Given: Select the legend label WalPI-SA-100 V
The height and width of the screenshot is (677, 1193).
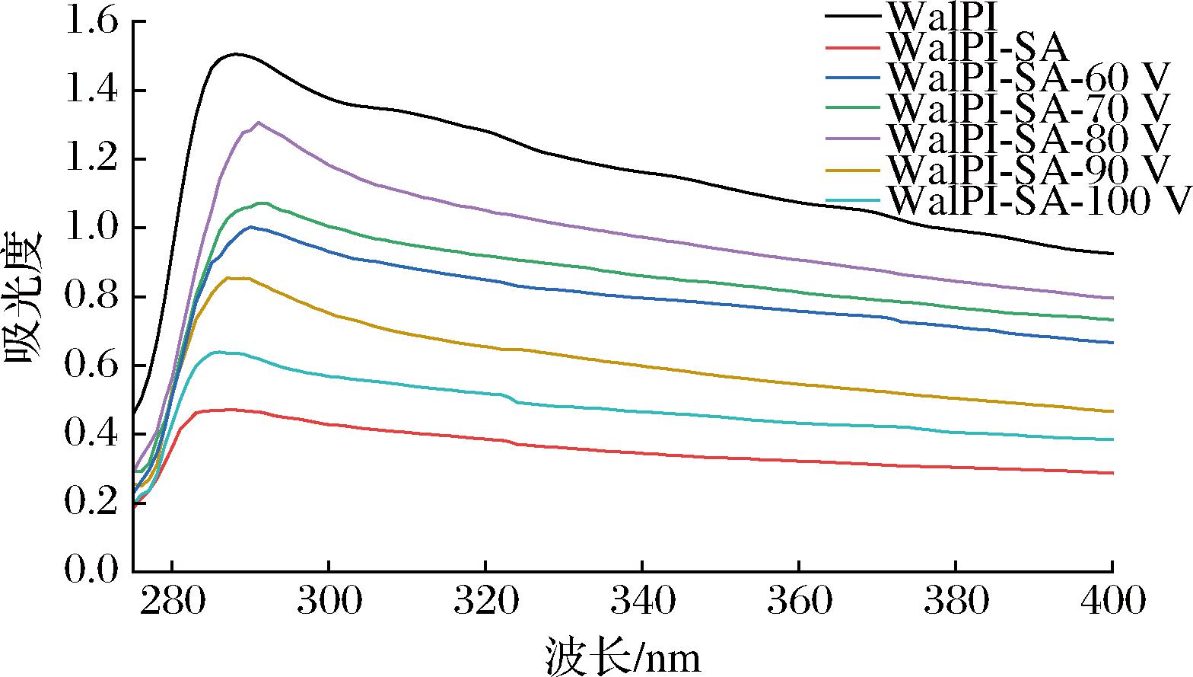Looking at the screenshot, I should [1039, 201].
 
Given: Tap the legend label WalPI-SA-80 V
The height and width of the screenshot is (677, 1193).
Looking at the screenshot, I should [1028, 139].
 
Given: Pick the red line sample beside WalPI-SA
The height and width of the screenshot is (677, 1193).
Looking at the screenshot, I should [853, 47].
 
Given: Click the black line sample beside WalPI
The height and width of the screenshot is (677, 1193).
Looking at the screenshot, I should [853, 16].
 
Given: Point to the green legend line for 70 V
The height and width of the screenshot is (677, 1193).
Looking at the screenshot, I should [853, 109].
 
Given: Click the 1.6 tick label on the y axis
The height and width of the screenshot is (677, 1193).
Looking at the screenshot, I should [93, 22].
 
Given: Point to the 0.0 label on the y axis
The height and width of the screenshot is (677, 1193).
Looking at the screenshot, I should [93, 571].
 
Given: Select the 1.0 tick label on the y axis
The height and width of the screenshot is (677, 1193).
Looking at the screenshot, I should [93, 228].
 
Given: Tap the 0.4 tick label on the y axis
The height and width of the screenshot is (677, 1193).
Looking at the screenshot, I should [93, 434].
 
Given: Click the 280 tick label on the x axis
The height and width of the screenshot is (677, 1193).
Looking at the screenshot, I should [173, 602].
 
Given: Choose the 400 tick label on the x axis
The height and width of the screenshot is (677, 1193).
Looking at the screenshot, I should [1112, 602].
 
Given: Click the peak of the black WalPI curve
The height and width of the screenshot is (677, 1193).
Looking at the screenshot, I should [236, 54].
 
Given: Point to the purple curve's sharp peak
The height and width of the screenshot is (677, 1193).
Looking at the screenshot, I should [259, 122].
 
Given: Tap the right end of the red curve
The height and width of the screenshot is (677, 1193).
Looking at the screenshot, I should [1112, 473].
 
